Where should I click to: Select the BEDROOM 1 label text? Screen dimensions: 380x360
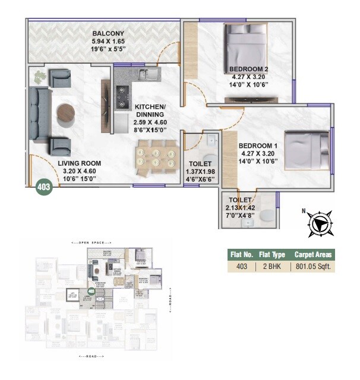[258, 145]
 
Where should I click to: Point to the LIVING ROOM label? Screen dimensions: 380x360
[80, 163]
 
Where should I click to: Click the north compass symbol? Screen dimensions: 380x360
[318, 224]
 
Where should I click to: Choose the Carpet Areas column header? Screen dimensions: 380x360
[314, 255]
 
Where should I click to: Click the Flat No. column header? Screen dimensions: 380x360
[241, 255]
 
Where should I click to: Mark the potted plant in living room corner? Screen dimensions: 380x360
[39, 76]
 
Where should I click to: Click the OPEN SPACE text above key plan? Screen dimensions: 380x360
[88, 243]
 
